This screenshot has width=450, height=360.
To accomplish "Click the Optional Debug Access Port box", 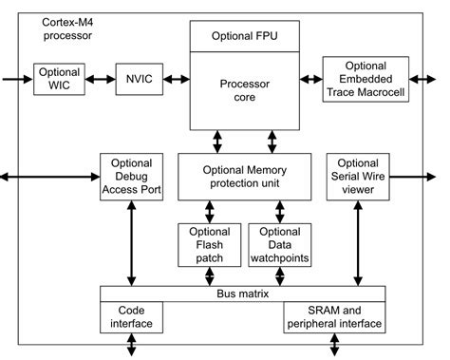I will [131, 177].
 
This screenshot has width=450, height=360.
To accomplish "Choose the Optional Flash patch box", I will [208, 244].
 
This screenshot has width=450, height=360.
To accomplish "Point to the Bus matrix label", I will [243, 294].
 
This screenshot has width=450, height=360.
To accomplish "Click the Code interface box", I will [131, 317].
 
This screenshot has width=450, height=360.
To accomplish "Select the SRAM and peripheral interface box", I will [333, 317].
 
